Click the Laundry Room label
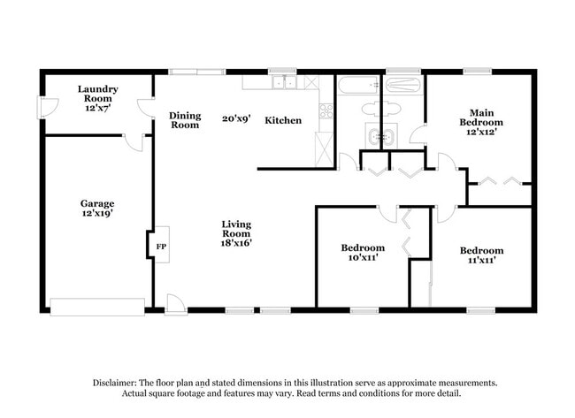[x=98, y=93]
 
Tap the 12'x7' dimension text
[x=98, y=107]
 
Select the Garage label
[x=97, y=203]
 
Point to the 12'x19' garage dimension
[x=97, y=215]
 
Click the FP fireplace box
[x=161, y=246]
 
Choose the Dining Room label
[x=185, y=120]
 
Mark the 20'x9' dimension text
[x=234, y=116]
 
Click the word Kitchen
[x=283, y=120]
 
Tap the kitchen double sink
[x=285, y=83]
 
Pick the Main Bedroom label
[x=481, y=118]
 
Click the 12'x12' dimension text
[x=481, y=131]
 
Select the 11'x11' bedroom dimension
[x=481, y=262]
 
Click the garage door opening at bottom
[x=97, y=307]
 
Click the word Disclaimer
[x=119, y=383]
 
